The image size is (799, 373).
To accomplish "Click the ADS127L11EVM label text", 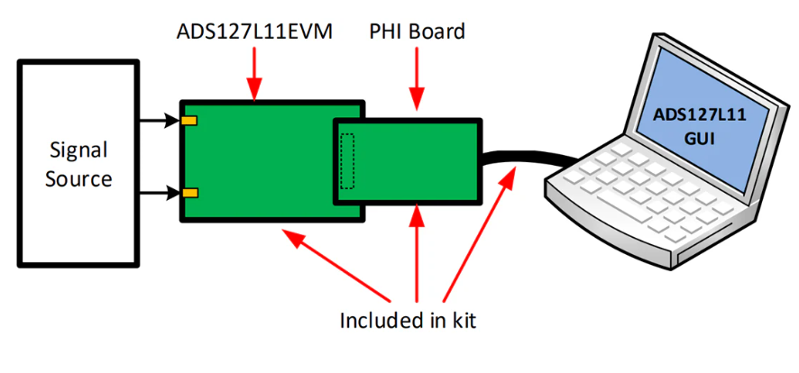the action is coord(254,32).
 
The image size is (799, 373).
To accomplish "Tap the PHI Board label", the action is coord(418,32).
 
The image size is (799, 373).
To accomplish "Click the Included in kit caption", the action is coord(408,321).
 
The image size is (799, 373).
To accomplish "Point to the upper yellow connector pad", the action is coord(189,121).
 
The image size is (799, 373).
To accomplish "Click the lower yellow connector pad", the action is coord(189,193).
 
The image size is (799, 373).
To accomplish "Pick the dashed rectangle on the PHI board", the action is coord(347,160).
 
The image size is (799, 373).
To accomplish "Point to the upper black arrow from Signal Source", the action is coord(160,121).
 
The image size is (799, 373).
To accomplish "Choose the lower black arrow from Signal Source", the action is coord(160,193).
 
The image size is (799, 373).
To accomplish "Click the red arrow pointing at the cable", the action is coord(479,235).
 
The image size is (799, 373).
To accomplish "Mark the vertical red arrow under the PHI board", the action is coord(417,253).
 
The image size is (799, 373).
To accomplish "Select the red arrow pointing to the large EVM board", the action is coord(336,265).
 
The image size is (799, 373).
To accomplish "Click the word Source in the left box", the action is coord(78,178).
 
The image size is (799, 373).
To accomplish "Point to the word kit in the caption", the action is coord(464,321).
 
